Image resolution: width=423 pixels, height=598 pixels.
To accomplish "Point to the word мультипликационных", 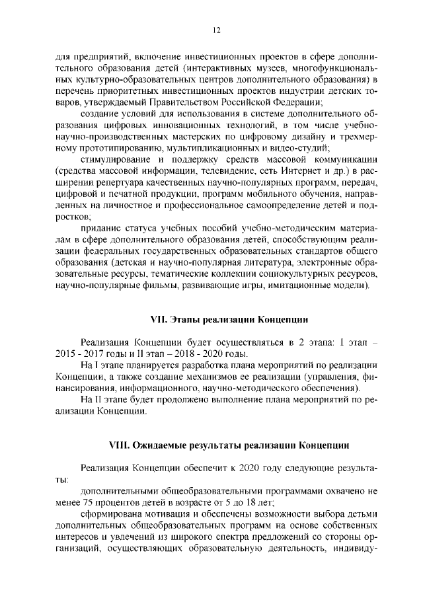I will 214,148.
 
